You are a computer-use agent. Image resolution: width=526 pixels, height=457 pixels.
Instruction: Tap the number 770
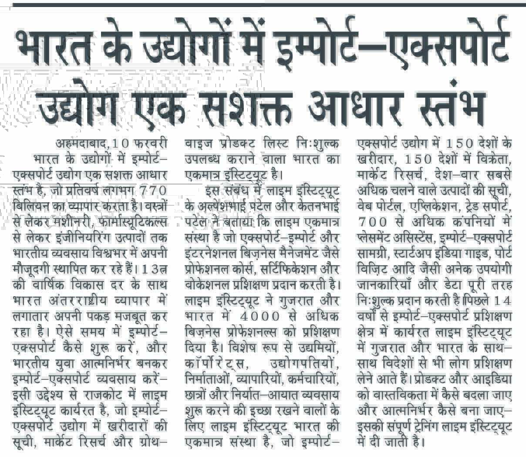coord(148,190)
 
